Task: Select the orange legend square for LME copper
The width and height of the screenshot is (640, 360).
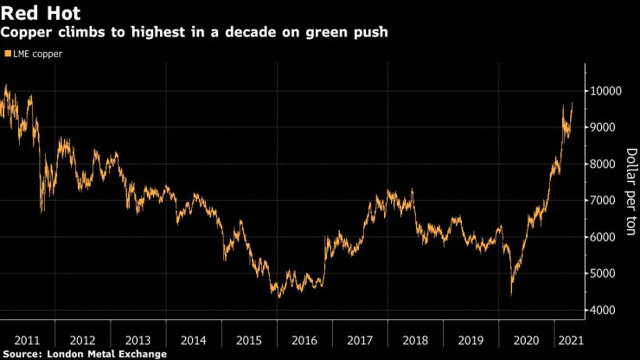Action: pyautogui.click(x=7, y=54)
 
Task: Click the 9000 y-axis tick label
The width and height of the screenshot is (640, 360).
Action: pyautogui.click(x=605, y=127)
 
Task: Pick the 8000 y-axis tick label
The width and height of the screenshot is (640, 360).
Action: pyautogui.click(x=605, y=164)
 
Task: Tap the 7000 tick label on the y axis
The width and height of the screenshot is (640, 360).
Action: pyautogui.click(x=605, y=201)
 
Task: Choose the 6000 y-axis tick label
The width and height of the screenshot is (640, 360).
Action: pyautogui.click(x=605, y=237)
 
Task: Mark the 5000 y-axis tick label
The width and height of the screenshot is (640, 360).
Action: pyautogui.click(x=605, y=273)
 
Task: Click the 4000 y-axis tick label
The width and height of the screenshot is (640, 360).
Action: pyautogui.click(x=605, y=310)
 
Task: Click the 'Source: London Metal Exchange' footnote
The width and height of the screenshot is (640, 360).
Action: pyautogui.click(x=83, y=353)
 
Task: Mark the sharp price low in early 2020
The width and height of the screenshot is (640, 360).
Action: pyautogui.click(x=511, y=294)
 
